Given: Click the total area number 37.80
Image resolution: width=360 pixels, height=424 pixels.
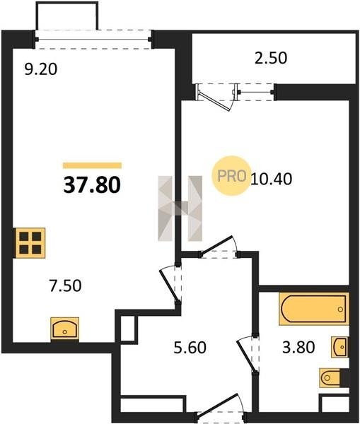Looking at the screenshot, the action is click(x=92, y=185).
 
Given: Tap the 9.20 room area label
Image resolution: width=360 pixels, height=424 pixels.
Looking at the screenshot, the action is click(x=40, y=69).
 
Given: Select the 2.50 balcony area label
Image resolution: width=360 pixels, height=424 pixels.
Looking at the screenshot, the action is click(x=271, y=58).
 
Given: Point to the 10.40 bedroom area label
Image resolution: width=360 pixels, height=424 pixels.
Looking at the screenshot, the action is click(x=272, y=179).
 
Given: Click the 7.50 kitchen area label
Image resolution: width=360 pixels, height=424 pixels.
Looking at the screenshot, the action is click(x=65, y=285).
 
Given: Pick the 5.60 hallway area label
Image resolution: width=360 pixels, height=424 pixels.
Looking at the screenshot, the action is click(x=190, y=348).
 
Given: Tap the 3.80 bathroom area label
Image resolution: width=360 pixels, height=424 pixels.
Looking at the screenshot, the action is click(x=298, y=347).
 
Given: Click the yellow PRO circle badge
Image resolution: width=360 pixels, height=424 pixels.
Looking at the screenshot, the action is click(x=231, y=176).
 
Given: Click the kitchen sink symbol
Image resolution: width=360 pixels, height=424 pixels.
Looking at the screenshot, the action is click(x=65, y=329).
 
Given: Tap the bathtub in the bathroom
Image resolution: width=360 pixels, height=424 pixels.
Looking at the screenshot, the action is click(x=314, y=309).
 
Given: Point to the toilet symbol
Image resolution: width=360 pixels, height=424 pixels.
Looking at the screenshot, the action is click(x=334, y=377).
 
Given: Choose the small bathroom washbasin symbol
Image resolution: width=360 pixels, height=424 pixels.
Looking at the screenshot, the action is click(x=340, y=347).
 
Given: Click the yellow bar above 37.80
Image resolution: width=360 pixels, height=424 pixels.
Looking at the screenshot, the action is click(x=93, y=165).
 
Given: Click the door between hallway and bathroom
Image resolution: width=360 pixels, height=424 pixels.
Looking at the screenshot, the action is click(x=248, y=354).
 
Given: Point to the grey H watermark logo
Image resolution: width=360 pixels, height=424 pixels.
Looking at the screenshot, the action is click(x=180, y=208).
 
